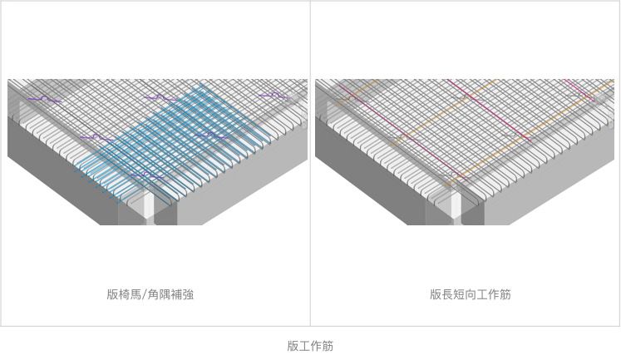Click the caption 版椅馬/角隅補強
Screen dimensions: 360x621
click(x=150, y=294)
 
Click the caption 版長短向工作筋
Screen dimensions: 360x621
click(x=470, y=294)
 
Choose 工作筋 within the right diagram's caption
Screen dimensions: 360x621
click(x=495, y=294)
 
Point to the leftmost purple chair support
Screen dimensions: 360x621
click(x=42, y=99)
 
